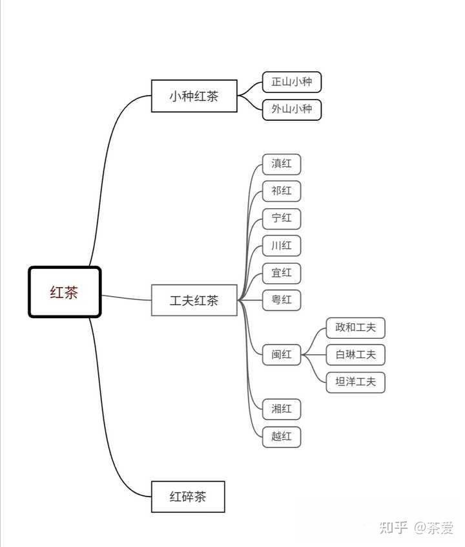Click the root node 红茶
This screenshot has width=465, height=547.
point(65,292)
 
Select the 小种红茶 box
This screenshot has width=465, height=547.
point(194,96)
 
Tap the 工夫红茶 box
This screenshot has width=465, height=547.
point(194,301)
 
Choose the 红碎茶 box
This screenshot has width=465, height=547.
point(188,497)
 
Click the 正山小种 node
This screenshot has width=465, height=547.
point(292,82)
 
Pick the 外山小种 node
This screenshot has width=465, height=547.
point(292,109)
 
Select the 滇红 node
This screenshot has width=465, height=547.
point(282,164)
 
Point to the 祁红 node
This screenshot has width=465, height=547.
point(282,191)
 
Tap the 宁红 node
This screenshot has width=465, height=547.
point(282,219)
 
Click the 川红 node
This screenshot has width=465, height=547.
point(282,246)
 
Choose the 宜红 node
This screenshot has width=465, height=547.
point(282,273)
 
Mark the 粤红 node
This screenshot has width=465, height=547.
point(282,301)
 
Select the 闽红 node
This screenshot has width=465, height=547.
point(282,355)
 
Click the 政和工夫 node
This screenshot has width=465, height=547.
point(356,328)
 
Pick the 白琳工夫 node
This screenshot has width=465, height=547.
point(356,355)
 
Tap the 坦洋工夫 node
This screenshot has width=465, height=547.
point(356,382)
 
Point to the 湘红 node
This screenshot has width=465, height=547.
point(282,409)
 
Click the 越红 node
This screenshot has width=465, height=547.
point(282,437)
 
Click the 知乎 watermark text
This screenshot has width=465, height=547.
point(393,528)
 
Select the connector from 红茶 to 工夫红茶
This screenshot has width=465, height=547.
point(126,298)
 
